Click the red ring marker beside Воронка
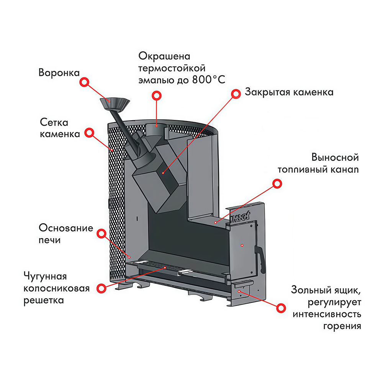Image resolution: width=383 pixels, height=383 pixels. click(x=84, y=82)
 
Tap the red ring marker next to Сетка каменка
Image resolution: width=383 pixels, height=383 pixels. click(x=89, y=133)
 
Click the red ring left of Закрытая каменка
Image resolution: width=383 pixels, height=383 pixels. click(x=235, y=93)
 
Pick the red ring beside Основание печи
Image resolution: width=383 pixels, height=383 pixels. click(x=101, y=233)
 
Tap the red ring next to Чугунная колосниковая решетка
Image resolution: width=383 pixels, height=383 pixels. click(x=101, y=288)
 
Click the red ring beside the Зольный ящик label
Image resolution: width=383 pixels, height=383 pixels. click(x=282, y=308)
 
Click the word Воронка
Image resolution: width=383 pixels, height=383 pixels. click(x=59, y=72)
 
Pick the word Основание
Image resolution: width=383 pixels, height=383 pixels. click(x=66, y=228)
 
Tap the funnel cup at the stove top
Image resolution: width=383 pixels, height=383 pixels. click(x=115, y=103)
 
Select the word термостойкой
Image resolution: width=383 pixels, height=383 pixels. click(x=172, y=68)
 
